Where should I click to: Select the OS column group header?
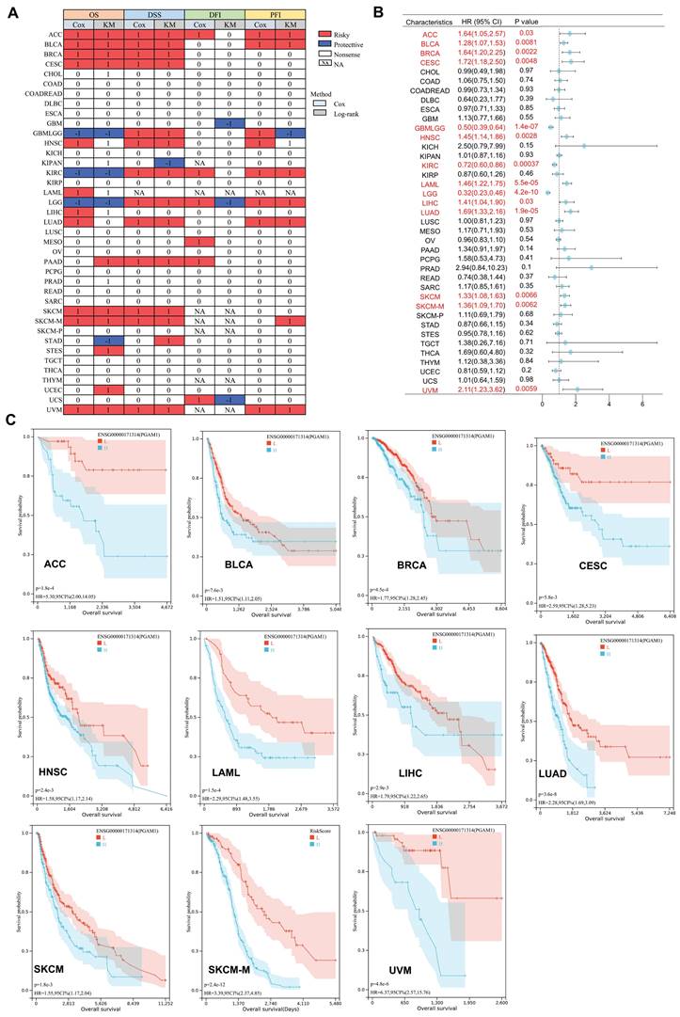point(93,16)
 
